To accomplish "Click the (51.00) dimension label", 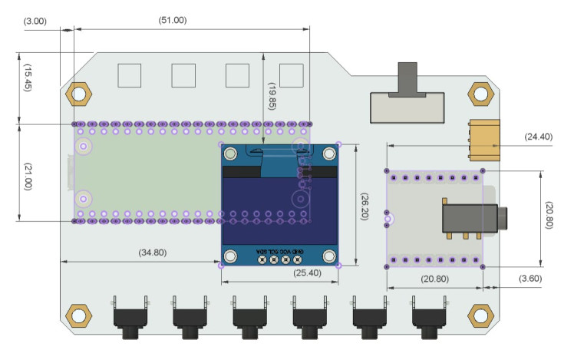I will tap(172, 20).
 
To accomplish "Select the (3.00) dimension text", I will tap(35, 20).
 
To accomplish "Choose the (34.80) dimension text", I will tap(151, 252).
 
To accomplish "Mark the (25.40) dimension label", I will tap(308, 272).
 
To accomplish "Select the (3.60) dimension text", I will tap(531, 277).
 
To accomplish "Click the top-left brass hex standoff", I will tap(78, 94).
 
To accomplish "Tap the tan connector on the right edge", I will tap(485, 138).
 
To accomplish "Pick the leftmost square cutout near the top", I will tap(129, 74).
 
